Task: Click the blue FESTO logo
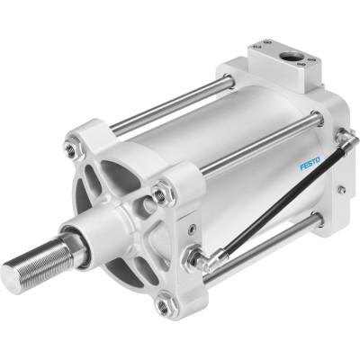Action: (310, 164)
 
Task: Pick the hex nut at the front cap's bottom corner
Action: (163, 306)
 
